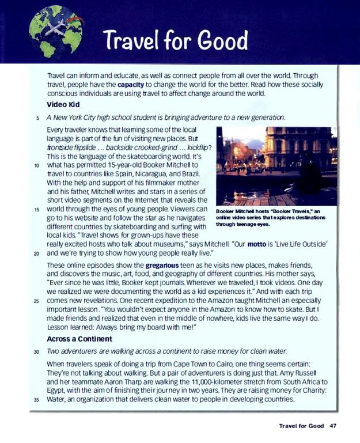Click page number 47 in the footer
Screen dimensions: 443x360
click(333, 426)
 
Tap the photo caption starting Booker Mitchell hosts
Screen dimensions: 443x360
click(271, 217)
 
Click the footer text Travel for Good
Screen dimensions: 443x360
click(301, 426)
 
